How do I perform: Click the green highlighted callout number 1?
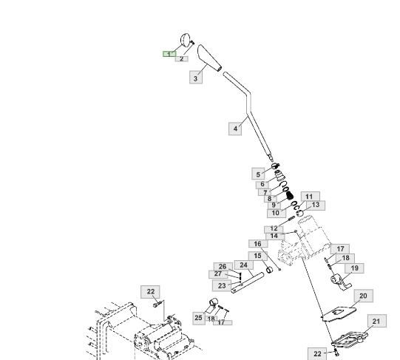(169, 54)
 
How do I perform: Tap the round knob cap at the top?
(186, 40)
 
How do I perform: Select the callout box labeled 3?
(196, 77)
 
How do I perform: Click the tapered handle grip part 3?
(209, 58)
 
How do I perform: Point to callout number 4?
(235, 129)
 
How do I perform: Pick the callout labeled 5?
(258, 174)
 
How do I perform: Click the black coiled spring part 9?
(290, 196)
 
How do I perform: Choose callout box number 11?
(311, 197)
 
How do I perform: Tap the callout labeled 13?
(316, 206)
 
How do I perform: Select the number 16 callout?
(258, 244)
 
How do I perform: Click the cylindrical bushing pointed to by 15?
(269, 270)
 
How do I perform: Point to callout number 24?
(243, 265)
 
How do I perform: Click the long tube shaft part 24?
(248, 282)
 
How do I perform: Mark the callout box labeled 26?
(223, 266)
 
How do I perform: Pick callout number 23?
(222, 285)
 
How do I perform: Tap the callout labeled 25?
(199, 318)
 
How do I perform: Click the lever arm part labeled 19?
(341, 282)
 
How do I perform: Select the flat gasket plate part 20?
(339, 313)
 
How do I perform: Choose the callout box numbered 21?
(377, 321)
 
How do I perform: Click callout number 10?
(277, 213)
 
